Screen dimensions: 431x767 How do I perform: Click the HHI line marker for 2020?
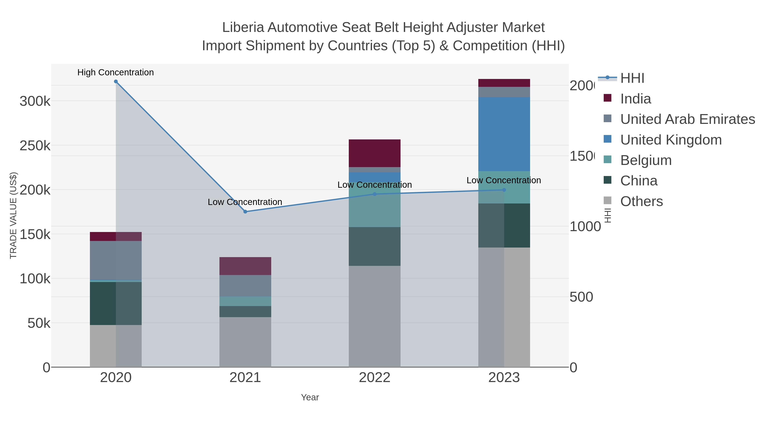coord(116,82)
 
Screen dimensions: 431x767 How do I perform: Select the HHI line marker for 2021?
coord(245,212)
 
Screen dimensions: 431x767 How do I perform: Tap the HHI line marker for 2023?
coord(504,190)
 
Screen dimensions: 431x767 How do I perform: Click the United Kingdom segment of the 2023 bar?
coord(504,134)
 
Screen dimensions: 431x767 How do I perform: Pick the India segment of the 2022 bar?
coord(374,153)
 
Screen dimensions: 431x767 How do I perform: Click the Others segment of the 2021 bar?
coord(245,342)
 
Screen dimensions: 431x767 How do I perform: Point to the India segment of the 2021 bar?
coord(245,266)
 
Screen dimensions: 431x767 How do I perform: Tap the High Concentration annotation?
coord(115,72)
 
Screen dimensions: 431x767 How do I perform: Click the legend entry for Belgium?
coord(646,160)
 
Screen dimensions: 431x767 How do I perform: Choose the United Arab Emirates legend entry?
coord(687,119)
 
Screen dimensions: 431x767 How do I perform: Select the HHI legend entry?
coord(632,78)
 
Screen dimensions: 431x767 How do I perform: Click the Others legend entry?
coord(641,201)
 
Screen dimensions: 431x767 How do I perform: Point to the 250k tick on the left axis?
coord(35,146)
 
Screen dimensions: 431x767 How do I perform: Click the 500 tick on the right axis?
coord(581,297)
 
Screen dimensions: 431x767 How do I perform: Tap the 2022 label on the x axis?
coord(374,377)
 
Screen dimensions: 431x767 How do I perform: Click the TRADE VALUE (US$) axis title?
coord(13,215)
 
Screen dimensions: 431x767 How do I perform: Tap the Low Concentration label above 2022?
coord(374,185)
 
